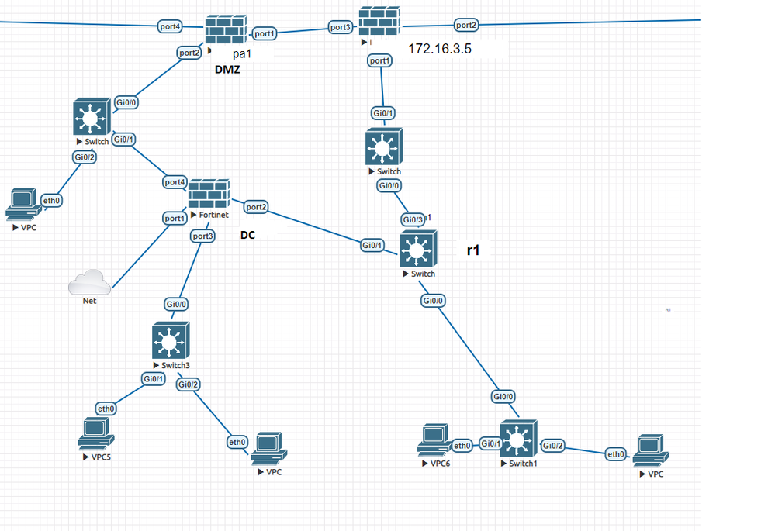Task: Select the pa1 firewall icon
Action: (226, 29)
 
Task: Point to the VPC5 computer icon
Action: (96, 433)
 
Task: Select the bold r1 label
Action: (473, 251)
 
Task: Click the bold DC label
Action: (247, 233)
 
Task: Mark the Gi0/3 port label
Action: (413, 219)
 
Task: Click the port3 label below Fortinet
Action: (202, 236)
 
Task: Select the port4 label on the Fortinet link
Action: (175, 182)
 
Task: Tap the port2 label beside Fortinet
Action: (256, 207)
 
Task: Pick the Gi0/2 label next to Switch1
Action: (553, 446)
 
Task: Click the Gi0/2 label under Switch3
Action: (189, 384)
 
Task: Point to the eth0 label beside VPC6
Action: (462, 446)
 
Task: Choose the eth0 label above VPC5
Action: (106, 409)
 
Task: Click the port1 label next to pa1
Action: (265, 33)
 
